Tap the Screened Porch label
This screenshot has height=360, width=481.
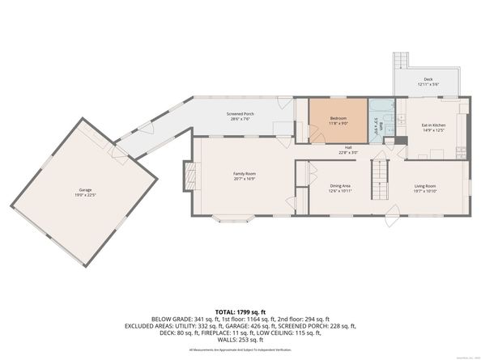(x=240, y=114)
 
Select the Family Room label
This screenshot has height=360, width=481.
(x=244, y=174)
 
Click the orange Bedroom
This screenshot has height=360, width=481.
(x=338, y=121)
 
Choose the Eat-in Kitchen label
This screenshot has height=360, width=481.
(x=433, y=125)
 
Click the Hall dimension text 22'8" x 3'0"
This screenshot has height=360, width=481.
(x=348, y=152)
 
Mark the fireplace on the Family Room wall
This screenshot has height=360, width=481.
(x=189, y=176)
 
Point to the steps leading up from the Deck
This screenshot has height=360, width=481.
(x=400, y=61)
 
